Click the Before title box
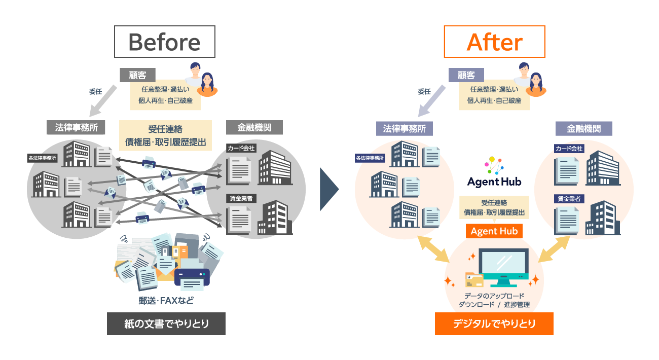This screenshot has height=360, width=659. click(x=165, y=42)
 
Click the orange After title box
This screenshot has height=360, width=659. click(x=494, y=42)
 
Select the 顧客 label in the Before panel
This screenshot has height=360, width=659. click(x=137, y=75)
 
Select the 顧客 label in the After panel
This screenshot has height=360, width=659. click(x=466, y=75)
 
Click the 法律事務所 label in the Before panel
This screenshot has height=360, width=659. click(x=76, y=127)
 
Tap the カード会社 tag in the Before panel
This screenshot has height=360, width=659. click(x=241, y=148)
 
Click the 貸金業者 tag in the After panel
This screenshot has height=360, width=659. click(x=570, y=199)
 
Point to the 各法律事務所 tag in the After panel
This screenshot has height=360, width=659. click(x=370, y=158)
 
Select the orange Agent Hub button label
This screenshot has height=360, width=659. click(x=494, y=231)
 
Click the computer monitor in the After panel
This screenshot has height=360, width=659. click(x=504, y=266)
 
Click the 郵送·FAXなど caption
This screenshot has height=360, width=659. click(x=166, y=300)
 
